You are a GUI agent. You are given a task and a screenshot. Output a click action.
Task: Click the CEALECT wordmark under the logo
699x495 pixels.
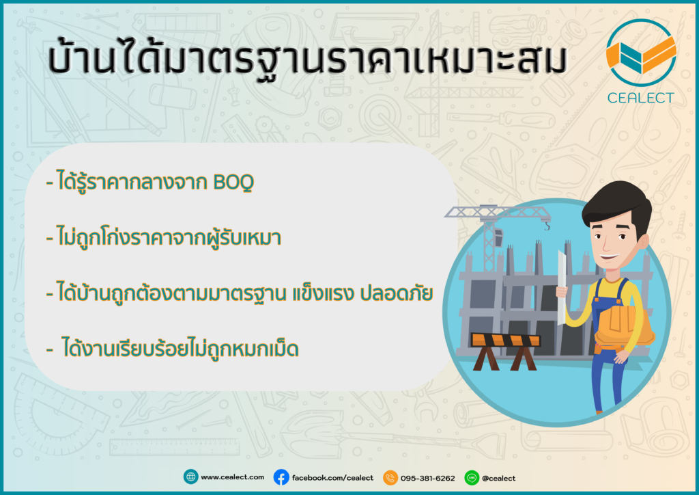(640, 98)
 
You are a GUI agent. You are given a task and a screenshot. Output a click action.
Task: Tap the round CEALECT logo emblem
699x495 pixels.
(641, 53)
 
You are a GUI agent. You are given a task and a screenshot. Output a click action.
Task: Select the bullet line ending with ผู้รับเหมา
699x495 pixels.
(164, 237)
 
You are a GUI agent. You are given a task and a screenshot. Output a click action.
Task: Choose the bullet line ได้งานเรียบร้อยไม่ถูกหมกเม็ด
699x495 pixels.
(173, 348)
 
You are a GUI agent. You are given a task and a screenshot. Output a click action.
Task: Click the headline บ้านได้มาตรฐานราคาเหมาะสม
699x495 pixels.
(307, 58)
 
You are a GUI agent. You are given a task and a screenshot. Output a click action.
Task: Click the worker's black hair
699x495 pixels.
(617, 206)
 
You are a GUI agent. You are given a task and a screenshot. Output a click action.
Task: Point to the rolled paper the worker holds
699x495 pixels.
(561, 289)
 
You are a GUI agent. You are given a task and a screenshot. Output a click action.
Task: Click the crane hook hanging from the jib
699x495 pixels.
(547, 226)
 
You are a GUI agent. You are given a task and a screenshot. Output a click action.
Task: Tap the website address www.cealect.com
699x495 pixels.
(232, 477)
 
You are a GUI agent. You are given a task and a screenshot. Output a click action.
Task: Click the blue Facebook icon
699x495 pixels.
(281, 478)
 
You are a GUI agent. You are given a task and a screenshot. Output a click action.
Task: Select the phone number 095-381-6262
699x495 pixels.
(427, 478)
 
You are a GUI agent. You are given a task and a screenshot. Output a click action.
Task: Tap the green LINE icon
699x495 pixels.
(472, 478)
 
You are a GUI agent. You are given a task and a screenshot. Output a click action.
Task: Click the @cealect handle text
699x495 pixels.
(498, 478)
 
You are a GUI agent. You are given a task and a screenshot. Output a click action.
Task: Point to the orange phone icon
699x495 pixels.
(390, 478)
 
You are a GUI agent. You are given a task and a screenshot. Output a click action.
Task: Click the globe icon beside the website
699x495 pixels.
(191, 477)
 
